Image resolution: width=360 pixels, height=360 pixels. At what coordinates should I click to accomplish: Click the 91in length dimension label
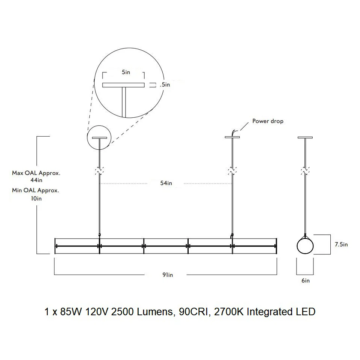[168, 275]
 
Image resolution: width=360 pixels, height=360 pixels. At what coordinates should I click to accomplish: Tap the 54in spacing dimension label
[166, 183]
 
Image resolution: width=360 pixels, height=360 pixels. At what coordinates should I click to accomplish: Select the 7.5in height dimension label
[341, 245]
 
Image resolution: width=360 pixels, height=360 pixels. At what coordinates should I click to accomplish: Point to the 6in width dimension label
[306, 281]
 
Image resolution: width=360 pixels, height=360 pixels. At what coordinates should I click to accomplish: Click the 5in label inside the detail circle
[126, 72]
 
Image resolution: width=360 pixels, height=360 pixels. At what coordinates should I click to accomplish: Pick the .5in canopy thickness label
[165, 85]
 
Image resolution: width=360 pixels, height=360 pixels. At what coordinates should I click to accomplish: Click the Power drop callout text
[268, 121]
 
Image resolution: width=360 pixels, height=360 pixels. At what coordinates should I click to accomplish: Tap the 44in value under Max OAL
[36, 180]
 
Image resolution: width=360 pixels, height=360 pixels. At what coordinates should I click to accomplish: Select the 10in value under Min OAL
[36, 198]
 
